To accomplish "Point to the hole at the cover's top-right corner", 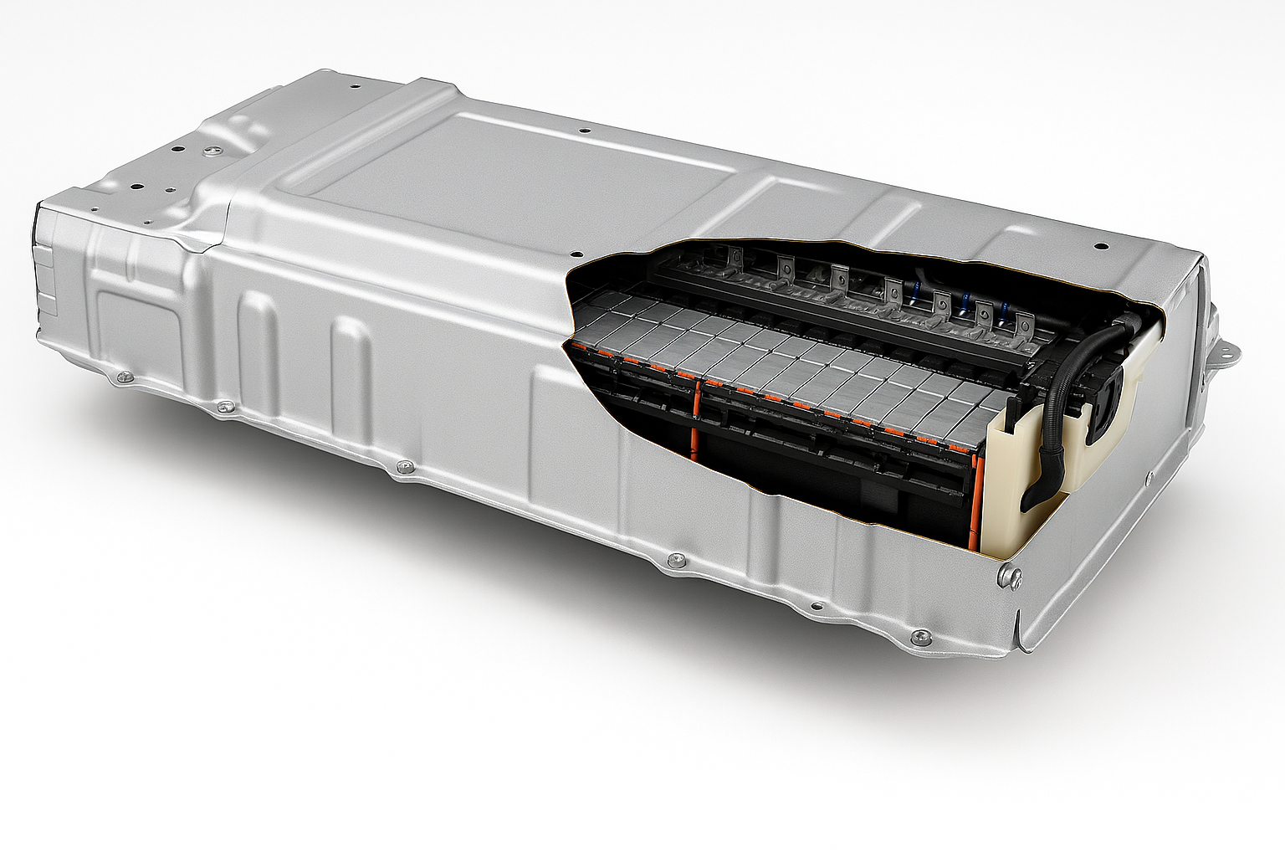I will (1101, 247).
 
